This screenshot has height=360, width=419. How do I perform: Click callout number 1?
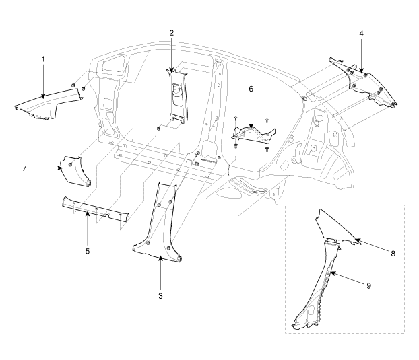click(x=43, y=59)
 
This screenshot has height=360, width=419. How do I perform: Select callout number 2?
click(x=172, y=32)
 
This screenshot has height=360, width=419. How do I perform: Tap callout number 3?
click(x=160, y=295)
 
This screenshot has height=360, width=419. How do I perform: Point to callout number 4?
click(x=361, y=33)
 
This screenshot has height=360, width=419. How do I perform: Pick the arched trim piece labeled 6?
click(x=251, y=136)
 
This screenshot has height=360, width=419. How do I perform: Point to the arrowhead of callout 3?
click(x=160, y=259)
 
